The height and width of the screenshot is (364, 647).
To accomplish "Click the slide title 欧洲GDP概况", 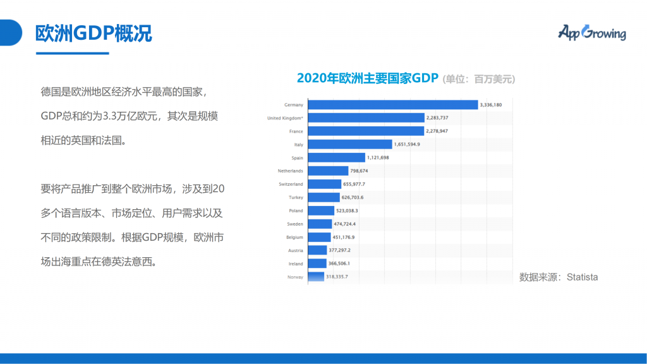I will coord(94,33).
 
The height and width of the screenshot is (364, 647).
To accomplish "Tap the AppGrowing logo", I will coord(591,32).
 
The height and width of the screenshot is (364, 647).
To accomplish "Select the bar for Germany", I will coord(392,104).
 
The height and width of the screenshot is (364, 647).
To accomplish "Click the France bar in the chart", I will coord(366,131).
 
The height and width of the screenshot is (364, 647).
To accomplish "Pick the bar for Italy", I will coord(350,144).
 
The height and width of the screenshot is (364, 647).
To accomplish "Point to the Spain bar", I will coord(337,157).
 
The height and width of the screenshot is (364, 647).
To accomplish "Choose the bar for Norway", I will coord(316,277).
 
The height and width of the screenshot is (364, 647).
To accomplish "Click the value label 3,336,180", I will coord(491,104).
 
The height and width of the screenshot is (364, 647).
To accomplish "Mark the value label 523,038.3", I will coord(348,210).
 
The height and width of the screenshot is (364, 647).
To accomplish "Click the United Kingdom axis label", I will coord(285,118).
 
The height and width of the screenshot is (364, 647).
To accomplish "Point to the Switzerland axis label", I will coord(291,184).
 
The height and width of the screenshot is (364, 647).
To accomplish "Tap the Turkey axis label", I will coord(296,197).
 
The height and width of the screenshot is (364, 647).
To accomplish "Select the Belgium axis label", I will coord(294,237).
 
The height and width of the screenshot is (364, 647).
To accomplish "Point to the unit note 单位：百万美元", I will coord(479,79).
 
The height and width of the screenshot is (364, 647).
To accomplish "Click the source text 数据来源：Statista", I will coord(558,277).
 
